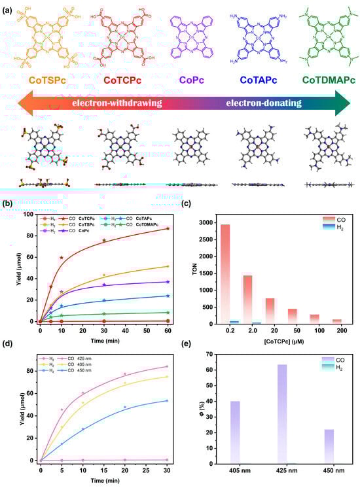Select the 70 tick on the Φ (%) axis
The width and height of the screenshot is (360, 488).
pos(213,354)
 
